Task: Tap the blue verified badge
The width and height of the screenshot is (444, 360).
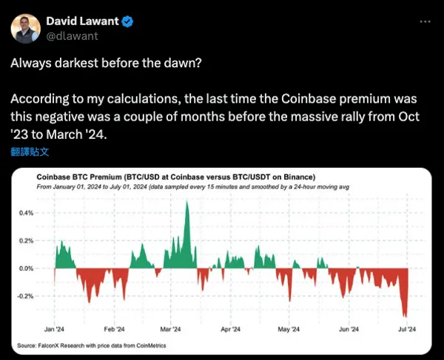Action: point(128,22)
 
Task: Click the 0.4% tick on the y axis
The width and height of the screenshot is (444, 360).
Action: point(26,213)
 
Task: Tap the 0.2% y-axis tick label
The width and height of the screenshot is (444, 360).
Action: point(26,241)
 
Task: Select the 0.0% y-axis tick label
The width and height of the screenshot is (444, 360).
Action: point(26,269)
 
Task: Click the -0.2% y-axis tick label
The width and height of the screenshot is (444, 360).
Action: point(25,296)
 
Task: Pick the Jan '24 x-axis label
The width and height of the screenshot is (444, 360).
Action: point(54,330)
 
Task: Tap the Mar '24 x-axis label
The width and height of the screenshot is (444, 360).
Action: point(171,330)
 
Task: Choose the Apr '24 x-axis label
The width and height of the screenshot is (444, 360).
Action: point(231,330)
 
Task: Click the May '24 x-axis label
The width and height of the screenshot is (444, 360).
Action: point(289,330)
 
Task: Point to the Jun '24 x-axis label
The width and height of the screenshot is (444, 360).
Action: point(349,330)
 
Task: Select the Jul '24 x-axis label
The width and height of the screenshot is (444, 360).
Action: point(408,330)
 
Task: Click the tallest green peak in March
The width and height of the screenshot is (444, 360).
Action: point(187,203)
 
